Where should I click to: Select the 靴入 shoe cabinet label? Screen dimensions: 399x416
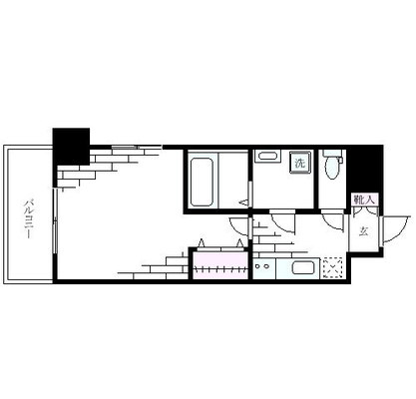pyautogui.click(x=364, y=199)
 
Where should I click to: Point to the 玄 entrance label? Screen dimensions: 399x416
pyautogui.click(x=363, y=231)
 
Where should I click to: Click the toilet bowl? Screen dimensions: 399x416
pyautogui.click(x=332, y=170)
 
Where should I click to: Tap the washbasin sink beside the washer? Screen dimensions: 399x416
pyautogui.click(x=267, y=156)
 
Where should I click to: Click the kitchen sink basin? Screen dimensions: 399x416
pyautogui.click(x=302, y=267)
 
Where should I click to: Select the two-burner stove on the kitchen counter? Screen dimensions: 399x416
pyautogui.click(x=268, y=267)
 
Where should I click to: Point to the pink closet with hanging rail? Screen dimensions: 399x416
pyautogui.click(x=220, y=268)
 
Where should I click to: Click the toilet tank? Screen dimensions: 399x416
pyautogui.click(x=333, y=154)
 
